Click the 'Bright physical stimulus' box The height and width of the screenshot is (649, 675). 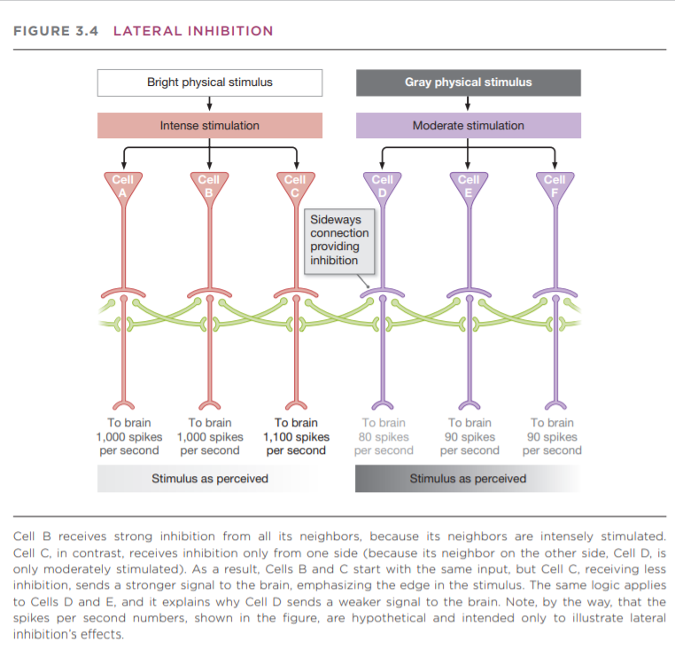point(209,82)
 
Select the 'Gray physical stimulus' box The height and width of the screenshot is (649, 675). point(468,82)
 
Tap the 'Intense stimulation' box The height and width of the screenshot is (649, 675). point(209,126)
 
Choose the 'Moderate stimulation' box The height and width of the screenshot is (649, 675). point(468,126)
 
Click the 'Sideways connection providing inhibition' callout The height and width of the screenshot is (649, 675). point(339,239)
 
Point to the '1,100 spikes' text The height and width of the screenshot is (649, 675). point(296,436)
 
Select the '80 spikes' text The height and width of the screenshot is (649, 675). point(383,436)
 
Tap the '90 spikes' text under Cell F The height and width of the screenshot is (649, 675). point(553,436)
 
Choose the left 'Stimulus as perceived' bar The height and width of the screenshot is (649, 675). point(209,479)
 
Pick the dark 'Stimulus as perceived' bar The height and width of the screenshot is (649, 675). point(468,479)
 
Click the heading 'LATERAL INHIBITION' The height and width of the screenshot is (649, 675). point(193,31)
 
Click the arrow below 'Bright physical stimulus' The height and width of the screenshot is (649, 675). point(209,105)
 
